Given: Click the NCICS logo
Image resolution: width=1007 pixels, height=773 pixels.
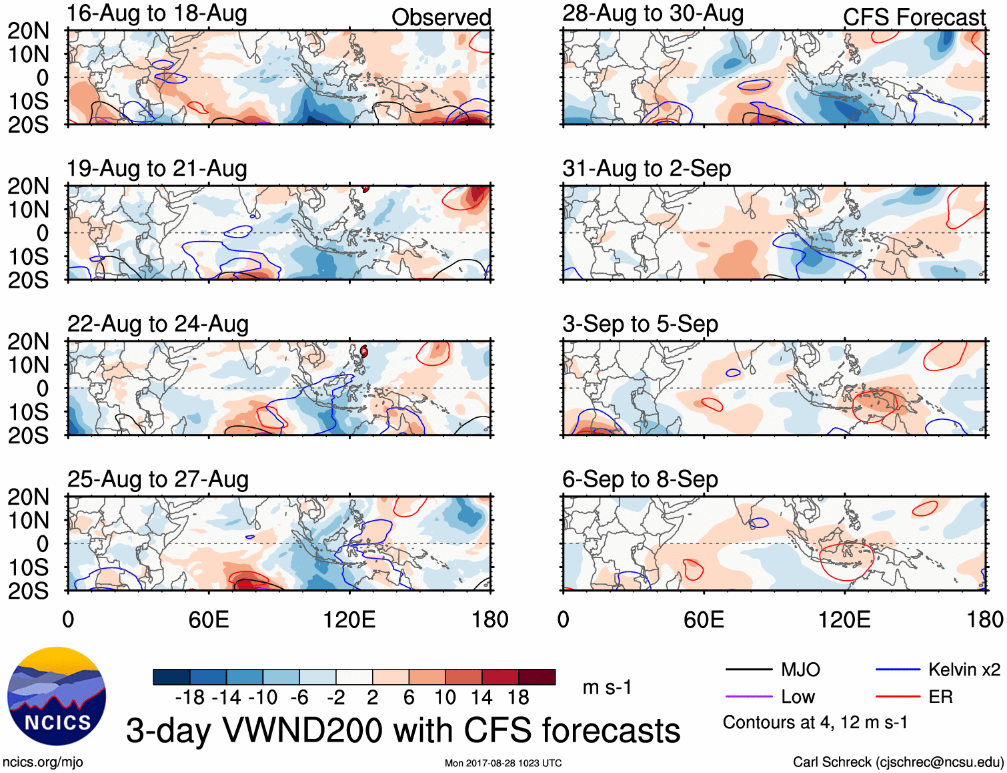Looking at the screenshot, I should click(x=57, y=696).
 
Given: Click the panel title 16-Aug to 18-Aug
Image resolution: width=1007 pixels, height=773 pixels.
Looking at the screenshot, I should click(x=157, y=13).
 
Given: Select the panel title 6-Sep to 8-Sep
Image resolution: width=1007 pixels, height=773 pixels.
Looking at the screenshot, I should click(x=640, y=479).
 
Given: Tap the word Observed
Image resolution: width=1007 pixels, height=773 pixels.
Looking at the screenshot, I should click(x=441, y=17).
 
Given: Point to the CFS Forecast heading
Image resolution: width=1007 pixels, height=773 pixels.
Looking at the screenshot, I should click(x=914, y=17).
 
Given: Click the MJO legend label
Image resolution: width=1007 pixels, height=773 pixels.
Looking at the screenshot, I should click(x=800, y=670).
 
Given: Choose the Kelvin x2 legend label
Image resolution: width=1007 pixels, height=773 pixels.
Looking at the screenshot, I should click(x=964, y=670).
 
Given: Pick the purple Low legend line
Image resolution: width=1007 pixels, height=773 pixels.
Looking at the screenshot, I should click(x=749, y=697).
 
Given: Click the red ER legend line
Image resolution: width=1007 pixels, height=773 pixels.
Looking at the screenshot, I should click(x=898, y=697).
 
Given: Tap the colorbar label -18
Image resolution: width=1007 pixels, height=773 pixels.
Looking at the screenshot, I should click(x=190, y=698).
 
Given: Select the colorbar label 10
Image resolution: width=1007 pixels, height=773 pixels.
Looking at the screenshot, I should click(x=445, y=698).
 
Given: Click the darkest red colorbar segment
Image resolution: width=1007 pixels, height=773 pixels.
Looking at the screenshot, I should click(x=537, y=677).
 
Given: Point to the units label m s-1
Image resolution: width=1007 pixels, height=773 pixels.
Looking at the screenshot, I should click(x=607, y=687).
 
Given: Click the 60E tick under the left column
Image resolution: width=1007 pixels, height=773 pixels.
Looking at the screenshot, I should click(x=209, y=619).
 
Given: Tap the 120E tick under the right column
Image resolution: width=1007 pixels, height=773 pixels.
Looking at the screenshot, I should click(x=844, y=619).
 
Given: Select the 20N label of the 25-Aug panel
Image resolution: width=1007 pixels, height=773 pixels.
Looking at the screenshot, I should click(x=28, y=497).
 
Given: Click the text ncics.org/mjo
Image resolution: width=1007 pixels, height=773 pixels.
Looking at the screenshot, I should click(x=43, y=762).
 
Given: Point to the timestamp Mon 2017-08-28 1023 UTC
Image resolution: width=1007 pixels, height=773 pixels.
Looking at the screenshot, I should click(x=503, y=763).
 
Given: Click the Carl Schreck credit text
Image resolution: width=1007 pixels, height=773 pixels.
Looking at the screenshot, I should click(x=898, y=762).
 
